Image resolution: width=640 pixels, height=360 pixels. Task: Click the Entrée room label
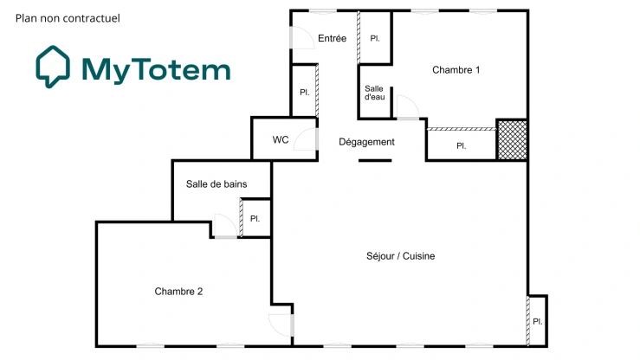(332, 38)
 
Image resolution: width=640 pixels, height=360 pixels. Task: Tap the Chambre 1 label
(456, 70)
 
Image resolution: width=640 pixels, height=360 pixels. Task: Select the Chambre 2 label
(178, 291)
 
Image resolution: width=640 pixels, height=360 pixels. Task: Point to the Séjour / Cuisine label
(400, 256)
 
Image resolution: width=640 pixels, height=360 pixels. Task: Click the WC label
(281, 140)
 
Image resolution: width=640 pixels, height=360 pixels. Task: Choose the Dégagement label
(366, 142)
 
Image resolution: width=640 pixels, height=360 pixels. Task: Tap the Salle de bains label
(217, 183)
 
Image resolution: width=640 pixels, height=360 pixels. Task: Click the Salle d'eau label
(374, 93)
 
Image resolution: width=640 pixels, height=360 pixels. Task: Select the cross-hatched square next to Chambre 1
(512, 140)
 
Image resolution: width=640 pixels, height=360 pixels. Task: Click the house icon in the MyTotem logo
(53, 67)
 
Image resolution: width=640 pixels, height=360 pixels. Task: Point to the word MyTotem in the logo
(156, 70)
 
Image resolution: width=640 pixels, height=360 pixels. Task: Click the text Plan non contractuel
(68, 18)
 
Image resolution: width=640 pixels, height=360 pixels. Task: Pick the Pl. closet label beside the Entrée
(375, 38)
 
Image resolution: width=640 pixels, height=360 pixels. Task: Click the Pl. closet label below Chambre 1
(462, 145)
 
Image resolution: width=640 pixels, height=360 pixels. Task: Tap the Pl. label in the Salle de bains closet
(255, 219)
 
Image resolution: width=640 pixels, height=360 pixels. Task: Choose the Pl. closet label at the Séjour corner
(538, 321)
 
